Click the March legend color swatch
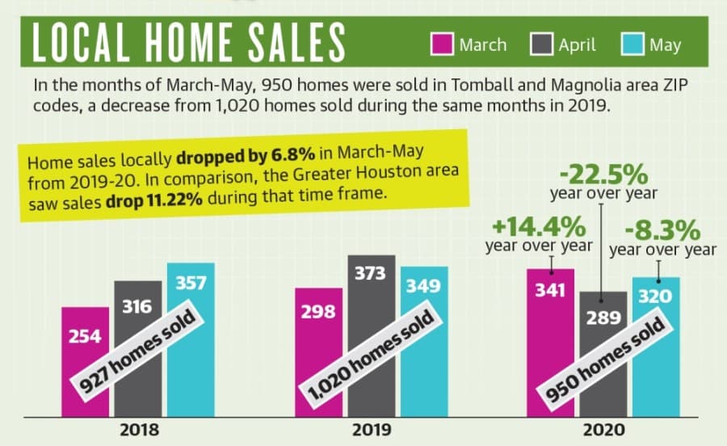click(442, 44)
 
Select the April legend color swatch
click(541, 44)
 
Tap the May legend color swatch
click(632, 44)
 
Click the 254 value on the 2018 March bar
click(85, 336)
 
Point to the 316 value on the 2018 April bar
click(137, 306)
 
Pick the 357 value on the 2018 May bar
click(191, 283)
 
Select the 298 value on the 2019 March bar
click(318, 312)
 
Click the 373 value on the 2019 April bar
click(371, 274)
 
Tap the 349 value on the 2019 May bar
click(423, 286)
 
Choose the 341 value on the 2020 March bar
click(550, 291)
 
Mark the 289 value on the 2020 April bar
click(603, 318)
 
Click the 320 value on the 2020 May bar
click(655, 297)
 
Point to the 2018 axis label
click(139, 430)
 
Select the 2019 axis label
click(372, 430)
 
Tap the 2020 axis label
click(603, 430)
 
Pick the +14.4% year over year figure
click(539, 227)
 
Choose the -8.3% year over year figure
click(662, 230)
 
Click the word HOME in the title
click(189, 42)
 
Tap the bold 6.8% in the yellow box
click(293, 154)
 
